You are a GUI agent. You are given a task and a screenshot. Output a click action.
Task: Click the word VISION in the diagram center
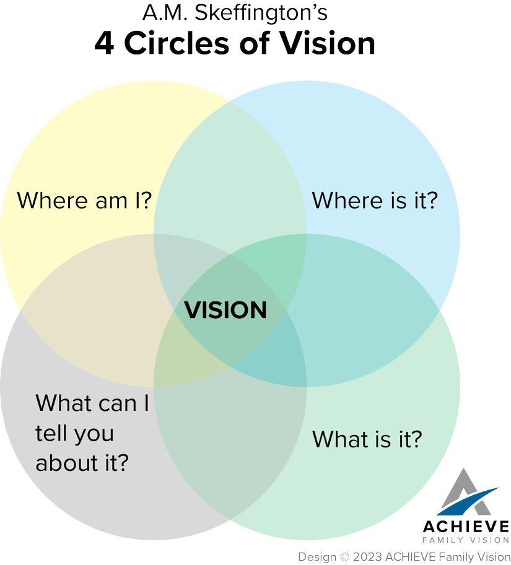point(226,309)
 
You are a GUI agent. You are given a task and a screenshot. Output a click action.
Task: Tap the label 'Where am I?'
point(85,200)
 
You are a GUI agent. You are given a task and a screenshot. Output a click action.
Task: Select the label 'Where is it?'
point(375,200)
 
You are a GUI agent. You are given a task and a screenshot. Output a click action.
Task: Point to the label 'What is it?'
point(367,439)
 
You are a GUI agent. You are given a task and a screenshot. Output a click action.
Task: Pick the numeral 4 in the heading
point(103,43)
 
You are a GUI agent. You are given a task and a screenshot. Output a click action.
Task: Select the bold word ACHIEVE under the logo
point(466,526)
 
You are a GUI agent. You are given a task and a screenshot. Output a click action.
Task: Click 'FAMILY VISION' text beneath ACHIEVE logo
point(466,540)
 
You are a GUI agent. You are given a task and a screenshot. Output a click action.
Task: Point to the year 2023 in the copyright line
point(366,556)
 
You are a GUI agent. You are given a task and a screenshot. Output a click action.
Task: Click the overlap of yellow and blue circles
point(230,173)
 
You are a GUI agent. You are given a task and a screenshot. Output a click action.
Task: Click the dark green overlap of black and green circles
point(230,446)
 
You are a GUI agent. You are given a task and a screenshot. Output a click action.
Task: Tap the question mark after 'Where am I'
point(147,200)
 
